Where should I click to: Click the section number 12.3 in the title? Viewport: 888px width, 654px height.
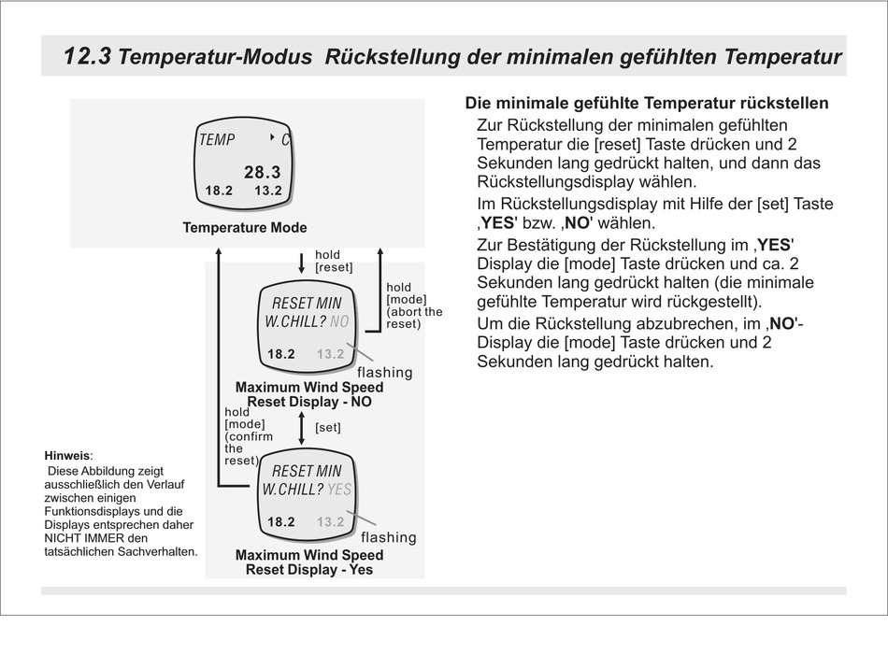[87, 57]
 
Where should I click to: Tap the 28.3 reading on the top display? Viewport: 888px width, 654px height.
[262, 172]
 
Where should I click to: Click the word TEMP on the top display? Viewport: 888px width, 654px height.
[217, 140]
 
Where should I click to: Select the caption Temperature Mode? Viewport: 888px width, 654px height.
[245, 227]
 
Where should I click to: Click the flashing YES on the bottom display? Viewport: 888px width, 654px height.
[340, 490]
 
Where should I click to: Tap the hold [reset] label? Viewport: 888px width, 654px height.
[333, 261]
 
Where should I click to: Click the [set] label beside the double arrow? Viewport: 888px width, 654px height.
[327, 428]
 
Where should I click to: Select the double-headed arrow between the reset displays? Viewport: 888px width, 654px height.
[301, 428]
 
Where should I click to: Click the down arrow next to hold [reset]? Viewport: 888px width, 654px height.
[301, 261]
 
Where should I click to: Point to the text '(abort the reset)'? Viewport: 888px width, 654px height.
[414, 318]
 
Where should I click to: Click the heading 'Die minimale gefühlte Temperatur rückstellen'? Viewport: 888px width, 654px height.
[646, 104]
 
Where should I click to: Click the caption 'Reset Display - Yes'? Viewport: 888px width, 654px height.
[308, 569]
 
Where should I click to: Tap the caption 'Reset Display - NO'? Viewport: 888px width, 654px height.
[308, 401]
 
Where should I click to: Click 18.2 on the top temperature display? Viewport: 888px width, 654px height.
[219, 191]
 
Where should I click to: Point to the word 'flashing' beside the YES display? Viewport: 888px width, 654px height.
[388, 537]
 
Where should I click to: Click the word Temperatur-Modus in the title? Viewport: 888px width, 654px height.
[216, 58]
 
